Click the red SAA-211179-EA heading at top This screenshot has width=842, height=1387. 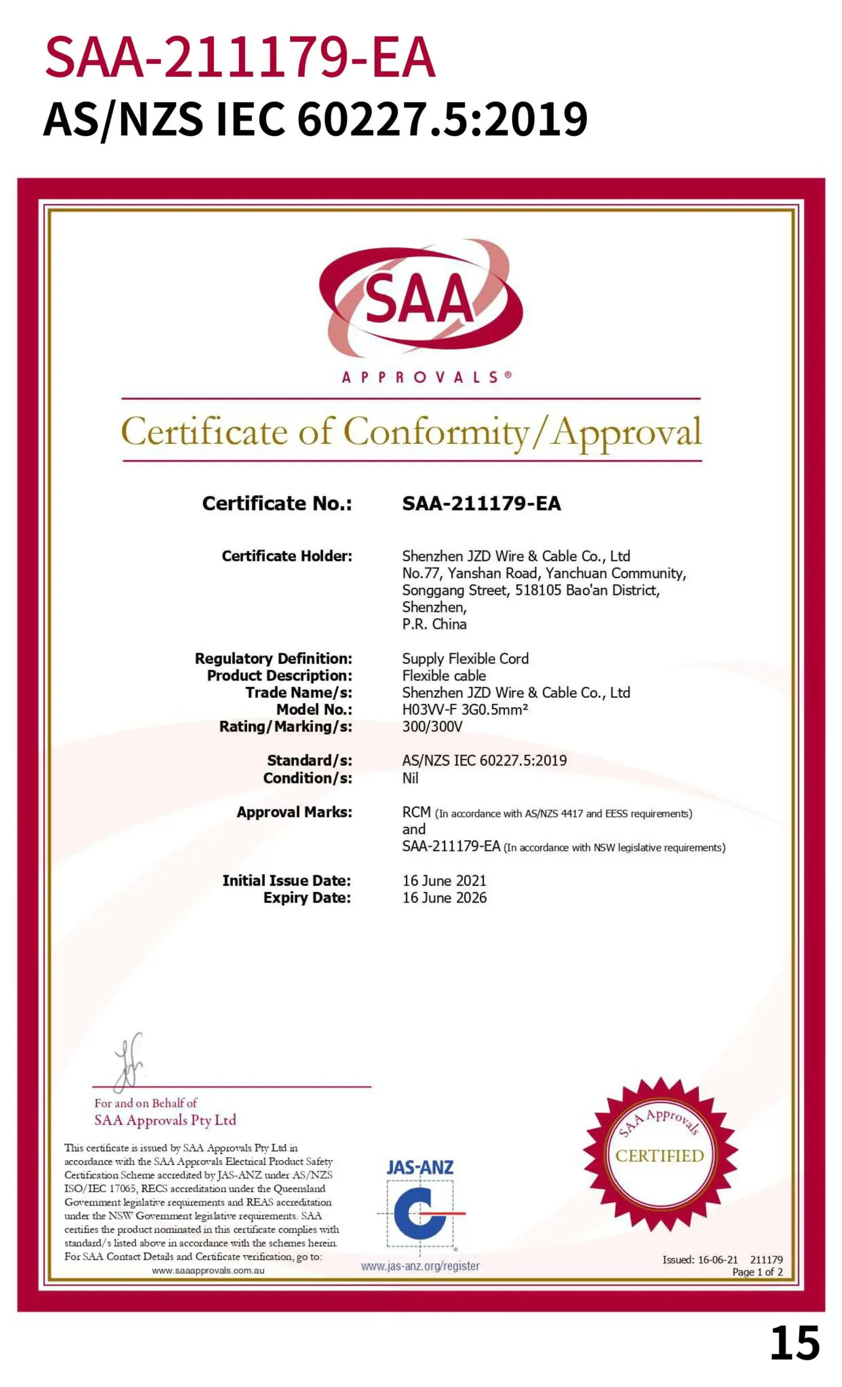click(x=240, y=57)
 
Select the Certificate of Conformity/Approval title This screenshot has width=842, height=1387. click(x=411, y=432)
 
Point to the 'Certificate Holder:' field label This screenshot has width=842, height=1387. click(x=287, y=556)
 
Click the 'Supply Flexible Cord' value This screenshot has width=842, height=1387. click(x=465, y=659)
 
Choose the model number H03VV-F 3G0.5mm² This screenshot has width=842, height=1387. click(x=465, y=709)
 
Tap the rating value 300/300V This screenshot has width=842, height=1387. click(x=432, y=727)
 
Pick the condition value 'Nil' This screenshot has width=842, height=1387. click(x=410, y=778)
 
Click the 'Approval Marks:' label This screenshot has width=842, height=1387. click(x=294, y=812)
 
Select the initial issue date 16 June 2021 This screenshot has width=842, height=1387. click(x=444, y=880)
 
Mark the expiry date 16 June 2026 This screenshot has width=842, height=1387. click(x=444, y=898)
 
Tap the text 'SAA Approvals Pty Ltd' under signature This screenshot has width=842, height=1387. click(x=165, y=1120)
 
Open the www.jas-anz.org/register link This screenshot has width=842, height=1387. click(x=420, y=1266)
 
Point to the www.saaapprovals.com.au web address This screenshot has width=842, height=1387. click(x=208, y=1271)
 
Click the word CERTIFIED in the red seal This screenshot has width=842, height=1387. click(x=659, y=1156)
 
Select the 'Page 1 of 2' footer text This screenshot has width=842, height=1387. click(x=757, y=1272)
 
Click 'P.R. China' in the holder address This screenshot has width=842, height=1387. click(x=434, y=624)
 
